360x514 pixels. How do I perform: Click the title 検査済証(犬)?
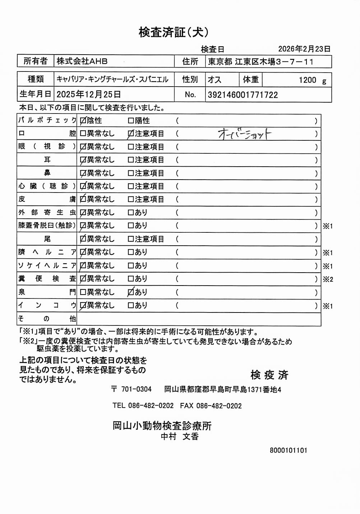point(173,32)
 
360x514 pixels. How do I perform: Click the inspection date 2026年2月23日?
point(304,49)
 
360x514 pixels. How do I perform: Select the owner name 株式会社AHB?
point(82,61)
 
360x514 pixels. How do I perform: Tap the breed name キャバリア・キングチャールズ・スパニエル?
point(112,79)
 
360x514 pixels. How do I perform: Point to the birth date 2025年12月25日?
point(88,94)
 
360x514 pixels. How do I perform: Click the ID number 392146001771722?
point(243,95)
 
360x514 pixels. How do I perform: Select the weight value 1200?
point(307,80)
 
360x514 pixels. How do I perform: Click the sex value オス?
point(214,80)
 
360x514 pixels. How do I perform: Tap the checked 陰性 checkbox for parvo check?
point(83,121)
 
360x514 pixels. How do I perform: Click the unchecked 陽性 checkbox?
point(131,121)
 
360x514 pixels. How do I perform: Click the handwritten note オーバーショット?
point(244,134)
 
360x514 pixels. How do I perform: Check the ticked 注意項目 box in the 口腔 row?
point(131,134)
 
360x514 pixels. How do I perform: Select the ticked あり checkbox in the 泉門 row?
point(131,292)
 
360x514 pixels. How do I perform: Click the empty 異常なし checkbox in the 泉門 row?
point(83,292)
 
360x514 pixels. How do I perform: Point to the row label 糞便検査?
point(47,279)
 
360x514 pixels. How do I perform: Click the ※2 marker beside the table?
point(328,279)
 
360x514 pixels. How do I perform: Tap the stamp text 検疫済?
point(269,375)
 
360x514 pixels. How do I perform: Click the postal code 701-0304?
point(136,389)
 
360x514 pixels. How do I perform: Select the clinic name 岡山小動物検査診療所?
point(162,426)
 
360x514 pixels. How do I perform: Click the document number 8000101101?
point(289,450)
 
